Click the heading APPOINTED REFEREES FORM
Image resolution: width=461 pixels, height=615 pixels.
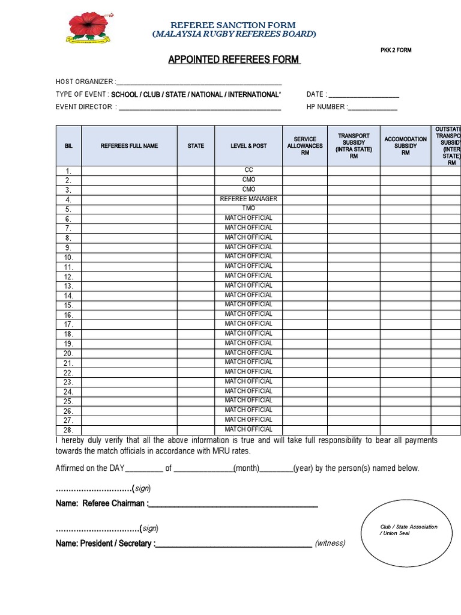tap(234, 60)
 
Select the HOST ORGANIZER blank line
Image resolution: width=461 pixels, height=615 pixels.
tap(200, 82)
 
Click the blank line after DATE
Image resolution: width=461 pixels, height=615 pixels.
tap(364, 95)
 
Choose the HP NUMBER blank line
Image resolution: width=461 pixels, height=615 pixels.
tap(372, 108)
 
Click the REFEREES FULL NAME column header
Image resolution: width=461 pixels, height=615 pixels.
tap(129, 146)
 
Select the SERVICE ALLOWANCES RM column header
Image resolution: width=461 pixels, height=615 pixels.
tap(305, 146)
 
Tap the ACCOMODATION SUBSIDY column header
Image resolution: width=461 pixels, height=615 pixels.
tap(405, 146)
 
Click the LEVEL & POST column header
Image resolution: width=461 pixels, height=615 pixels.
tap(249, 146)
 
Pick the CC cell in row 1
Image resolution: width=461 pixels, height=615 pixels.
tap(249, 171)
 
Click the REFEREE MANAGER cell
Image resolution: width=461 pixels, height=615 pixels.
tap(249, 199)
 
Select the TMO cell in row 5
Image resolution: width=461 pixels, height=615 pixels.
tap(249, 208)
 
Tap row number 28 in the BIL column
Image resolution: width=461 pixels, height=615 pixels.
tap(68, 430)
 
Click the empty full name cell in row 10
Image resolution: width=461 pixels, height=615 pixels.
tap(129, 257)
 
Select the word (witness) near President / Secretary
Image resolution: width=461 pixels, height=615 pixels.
tap(330, 544)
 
